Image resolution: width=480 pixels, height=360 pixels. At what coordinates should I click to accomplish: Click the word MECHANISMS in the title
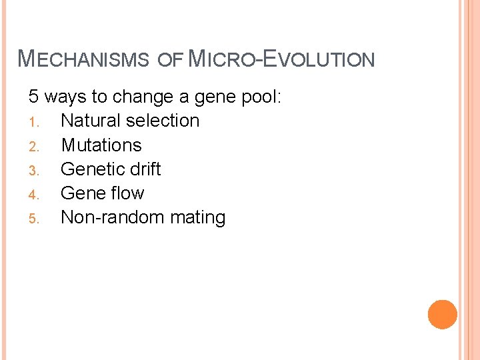coord(83,59)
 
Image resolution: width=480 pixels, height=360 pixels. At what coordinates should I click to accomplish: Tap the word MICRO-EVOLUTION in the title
coord(281,59)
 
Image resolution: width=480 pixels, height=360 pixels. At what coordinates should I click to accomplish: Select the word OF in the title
coord(170,59)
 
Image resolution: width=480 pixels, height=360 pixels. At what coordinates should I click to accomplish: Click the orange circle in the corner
coord(443,315)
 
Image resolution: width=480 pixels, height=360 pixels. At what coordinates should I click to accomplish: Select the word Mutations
coord(101,145)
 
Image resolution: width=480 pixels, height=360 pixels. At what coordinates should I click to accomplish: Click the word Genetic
coord(91,169)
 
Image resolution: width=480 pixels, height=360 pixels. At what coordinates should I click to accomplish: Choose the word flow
coord(127,193)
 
